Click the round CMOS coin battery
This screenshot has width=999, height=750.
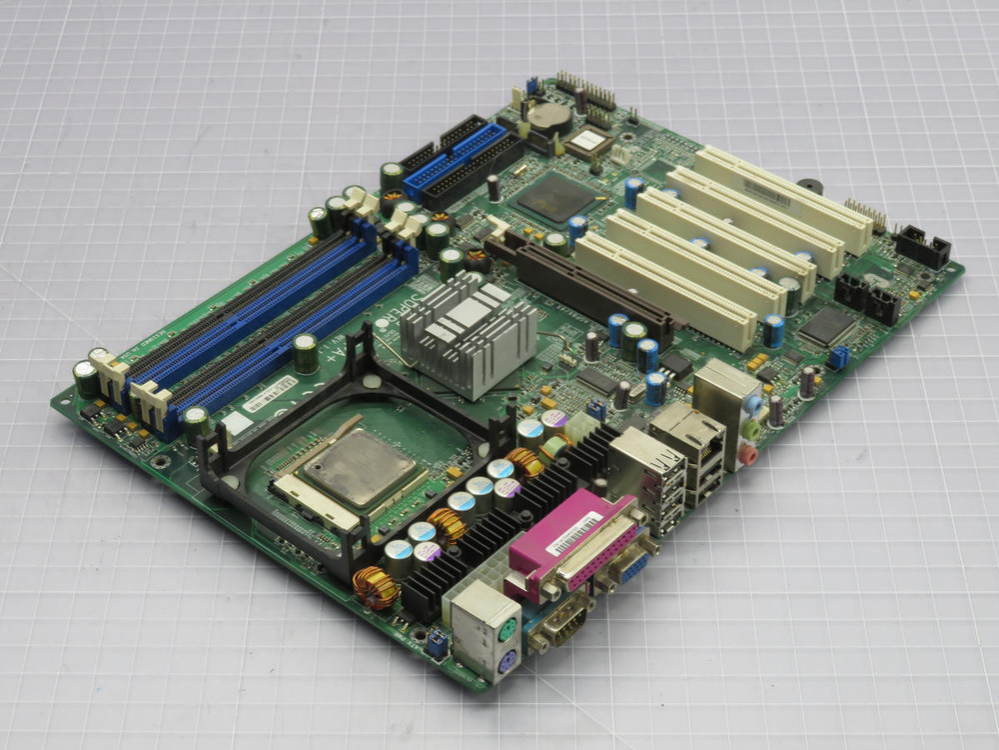[548, 117]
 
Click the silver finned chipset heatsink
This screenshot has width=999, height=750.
[469, 331]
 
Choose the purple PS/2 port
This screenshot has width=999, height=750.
[507, 661]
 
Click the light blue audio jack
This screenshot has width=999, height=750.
[752, 404]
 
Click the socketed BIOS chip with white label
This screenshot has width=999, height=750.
[589, 142]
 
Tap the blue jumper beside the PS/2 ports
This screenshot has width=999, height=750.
[437, 644]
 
